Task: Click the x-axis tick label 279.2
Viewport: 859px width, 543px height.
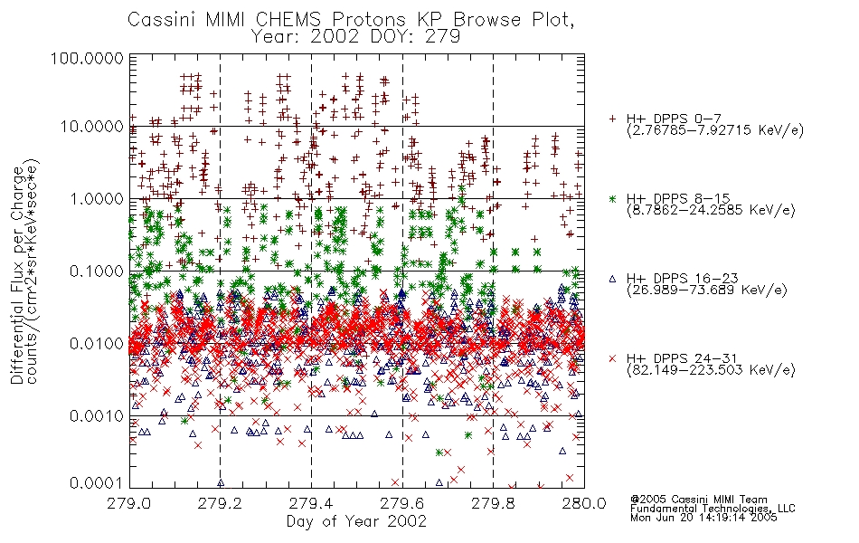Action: (220, 502)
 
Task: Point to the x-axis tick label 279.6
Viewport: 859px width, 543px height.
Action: (401, 502)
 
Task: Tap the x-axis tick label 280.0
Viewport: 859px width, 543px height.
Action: (584, 502)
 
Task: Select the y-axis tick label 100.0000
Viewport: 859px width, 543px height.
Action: (88, 58)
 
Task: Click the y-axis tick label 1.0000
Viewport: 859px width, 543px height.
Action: (97, 198)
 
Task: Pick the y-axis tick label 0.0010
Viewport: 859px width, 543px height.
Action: (97, 415)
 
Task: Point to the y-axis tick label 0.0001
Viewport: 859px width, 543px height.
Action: (97, 482)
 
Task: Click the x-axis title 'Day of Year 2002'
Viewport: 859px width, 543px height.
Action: (356, 520)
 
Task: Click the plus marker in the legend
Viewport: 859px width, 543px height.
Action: (612, 119)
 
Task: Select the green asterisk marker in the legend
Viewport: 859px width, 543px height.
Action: (612, 198)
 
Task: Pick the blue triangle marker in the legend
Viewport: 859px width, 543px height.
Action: (612, 279)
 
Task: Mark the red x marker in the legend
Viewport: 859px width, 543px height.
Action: (612, 358)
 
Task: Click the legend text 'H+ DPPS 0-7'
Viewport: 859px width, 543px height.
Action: (674, 119)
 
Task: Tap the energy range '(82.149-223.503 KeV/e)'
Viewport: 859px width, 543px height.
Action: (711, 370)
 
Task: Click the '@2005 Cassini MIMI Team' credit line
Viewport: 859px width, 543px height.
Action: (698, 500)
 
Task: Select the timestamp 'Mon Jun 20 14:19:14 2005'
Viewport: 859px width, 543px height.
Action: (703, 518)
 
